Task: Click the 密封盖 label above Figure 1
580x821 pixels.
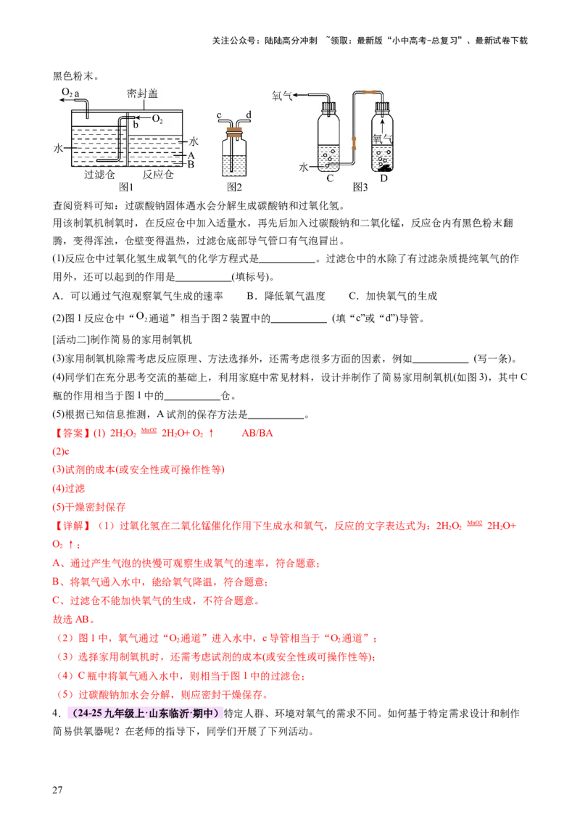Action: tap(142, 94)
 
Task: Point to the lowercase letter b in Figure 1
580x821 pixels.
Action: tap(135, 125)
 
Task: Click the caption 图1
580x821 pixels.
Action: tap(127, 186)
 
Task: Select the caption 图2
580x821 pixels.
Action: tap(233, 186)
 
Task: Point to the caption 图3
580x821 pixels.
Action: tap(360, 186)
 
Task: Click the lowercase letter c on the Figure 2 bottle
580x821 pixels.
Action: tap(219, 116)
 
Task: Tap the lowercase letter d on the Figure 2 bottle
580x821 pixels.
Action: tap(249, 116)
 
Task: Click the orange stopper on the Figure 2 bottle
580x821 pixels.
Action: tap(233, 133)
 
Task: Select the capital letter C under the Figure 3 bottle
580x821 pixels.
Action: tap(329, 178)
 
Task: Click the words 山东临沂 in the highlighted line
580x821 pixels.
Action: tap(161, 713)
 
